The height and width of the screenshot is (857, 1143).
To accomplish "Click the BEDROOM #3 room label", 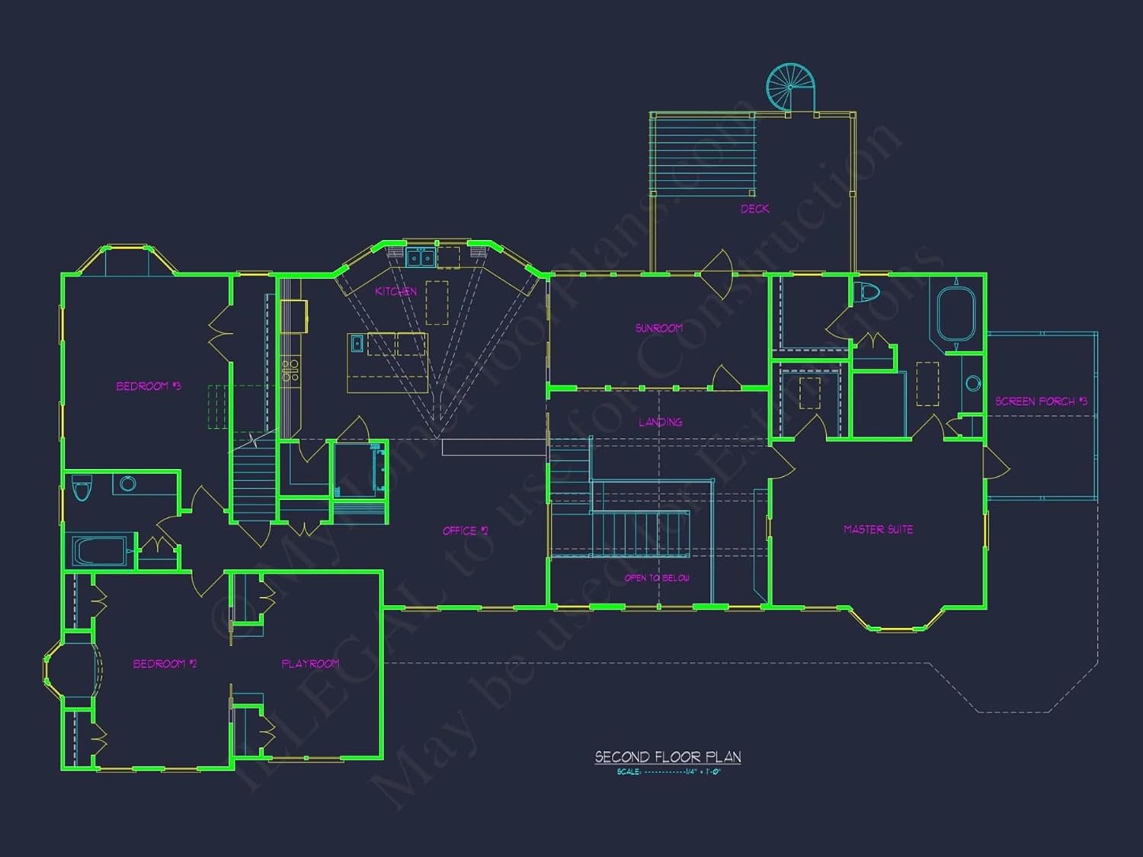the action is (148, 386).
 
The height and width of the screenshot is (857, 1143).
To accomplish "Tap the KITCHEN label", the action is (395, 291).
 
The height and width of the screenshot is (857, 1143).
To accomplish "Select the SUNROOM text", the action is (659, 328).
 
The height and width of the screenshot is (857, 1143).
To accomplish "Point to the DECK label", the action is (754, 209).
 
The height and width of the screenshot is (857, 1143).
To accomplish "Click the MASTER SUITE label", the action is (878, 529).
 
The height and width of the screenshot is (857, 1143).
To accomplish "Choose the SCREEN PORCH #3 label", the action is (1041, 401).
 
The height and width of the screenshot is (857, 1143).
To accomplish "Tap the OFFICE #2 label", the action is (465, 531).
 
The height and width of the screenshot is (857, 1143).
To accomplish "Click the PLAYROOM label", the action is (310, 664).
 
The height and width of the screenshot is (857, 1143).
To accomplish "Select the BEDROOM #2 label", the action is (165, 664).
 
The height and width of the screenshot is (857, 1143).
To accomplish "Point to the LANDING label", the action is (660, 422).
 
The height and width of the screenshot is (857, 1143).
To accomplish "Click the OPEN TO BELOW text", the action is (657, 578).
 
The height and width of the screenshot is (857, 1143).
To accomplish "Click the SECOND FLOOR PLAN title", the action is (668, 756).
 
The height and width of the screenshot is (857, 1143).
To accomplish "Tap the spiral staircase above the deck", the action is (790, 87).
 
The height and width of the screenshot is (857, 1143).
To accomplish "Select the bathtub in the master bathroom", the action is (956, 313).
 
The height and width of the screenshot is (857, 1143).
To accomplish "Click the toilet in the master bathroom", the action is (866, 291).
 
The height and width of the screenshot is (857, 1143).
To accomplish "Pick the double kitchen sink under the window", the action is (420, 258).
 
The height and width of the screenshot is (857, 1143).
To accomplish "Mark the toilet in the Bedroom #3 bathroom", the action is (82, 488).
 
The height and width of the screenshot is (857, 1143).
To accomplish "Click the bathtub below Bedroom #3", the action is (99, 550).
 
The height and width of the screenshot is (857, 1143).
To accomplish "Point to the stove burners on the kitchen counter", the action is (290, 370).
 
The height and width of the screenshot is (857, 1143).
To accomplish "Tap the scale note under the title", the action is (668, 772).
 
